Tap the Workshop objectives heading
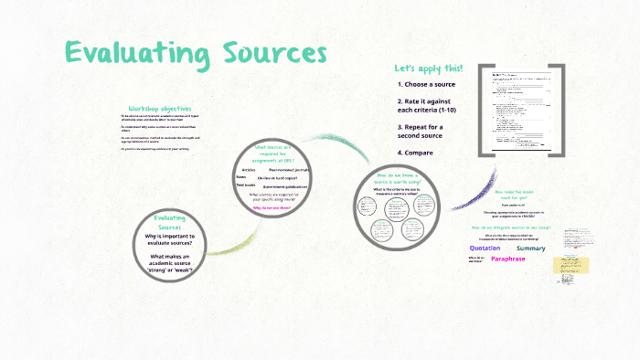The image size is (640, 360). (x=159, y=109)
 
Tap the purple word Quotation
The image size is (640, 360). (x=485, y=249)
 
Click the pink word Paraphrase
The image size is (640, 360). (x=508, y=259)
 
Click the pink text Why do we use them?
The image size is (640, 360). (x=272, y=206)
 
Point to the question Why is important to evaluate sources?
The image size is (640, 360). (x=169, y=240)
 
